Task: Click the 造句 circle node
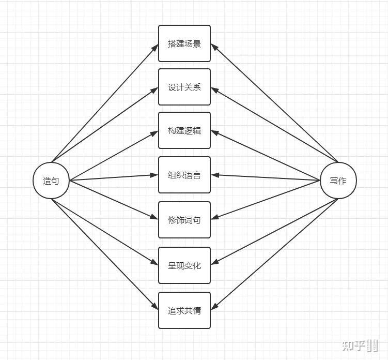coord(51,181)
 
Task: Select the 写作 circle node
coord(338,181)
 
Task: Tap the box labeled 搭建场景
coord(184,43)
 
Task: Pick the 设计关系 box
coord(184,87)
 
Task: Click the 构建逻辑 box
coord(184,130)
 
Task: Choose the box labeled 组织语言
coord(184,175)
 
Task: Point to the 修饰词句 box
coord(184,220)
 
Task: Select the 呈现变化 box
coord(184,265)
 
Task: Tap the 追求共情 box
coord(184,310)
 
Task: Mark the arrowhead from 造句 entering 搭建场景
coord(155,47)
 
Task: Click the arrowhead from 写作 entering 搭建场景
coord(214,47)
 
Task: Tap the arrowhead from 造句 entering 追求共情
coord(155,308)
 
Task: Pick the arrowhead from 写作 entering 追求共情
coord(214,308)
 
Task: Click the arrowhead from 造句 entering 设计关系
coord(155,89)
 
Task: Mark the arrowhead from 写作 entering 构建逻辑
coord(214,132)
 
